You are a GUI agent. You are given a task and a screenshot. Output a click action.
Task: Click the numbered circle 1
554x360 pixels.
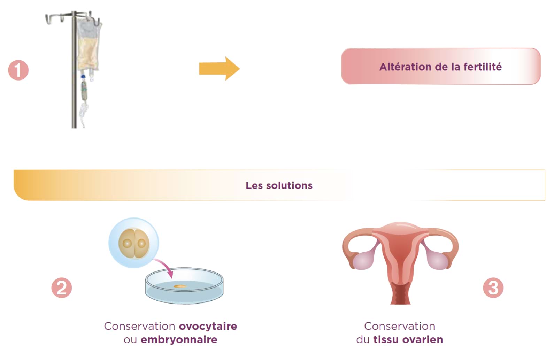point(18,70)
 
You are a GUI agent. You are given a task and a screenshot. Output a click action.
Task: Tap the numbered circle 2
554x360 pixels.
point(62,288)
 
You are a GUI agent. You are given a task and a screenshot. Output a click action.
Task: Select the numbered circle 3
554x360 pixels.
point(493,288)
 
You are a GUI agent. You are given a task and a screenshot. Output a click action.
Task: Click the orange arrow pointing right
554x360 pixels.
point(219,68)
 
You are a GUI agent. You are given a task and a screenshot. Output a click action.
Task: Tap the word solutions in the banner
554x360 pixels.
point(289,185)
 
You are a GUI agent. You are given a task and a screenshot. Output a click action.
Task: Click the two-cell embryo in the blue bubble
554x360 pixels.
point(134,243)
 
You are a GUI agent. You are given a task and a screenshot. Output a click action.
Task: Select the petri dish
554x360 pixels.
point(184,286)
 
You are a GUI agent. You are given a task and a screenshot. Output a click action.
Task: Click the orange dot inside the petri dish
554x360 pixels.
point(180,286)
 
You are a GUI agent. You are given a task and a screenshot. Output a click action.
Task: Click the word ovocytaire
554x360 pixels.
point(208,326)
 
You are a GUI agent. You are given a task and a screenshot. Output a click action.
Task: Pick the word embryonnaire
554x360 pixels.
point(179,340)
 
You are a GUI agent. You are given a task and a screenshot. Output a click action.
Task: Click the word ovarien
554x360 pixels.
point(423,340)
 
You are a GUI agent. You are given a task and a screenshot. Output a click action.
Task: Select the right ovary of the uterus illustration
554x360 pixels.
point(438,260)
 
